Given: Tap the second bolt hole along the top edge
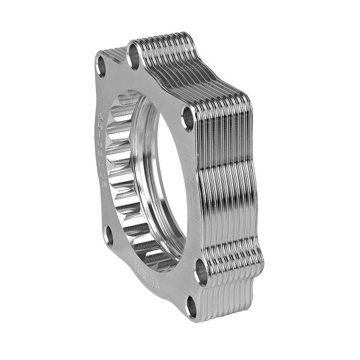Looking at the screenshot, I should pyautogui.click(x=134, y=56).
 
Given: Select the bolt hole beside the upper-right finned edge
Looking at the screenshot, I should pyautogui.click(x=188, y=118).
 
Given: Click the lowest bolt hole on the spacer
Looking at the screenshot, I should pyautogui.click(x=192, y=308).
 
